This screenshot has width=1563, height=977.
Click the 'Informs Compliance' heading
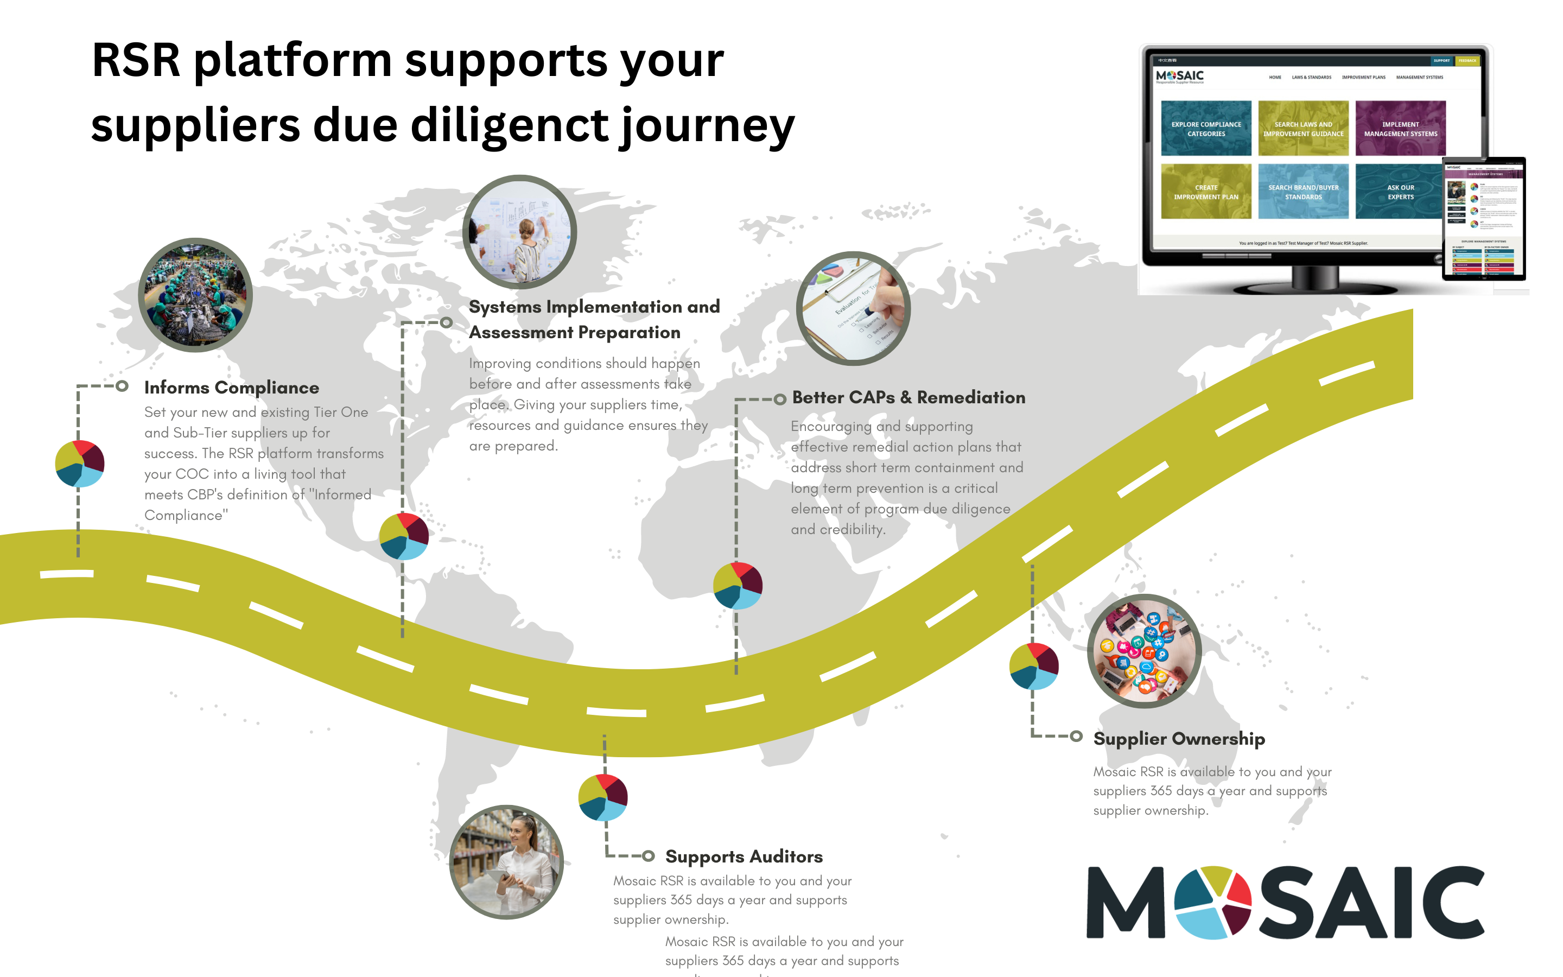231,388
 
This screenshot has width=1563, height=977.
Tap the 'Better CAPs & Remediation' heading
908,397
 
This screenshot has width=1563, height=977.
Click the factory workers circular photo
195,295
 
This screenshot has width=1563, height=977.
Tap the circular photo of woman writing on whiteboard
519,231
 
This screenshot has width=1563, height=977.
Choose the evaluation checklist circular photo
853,308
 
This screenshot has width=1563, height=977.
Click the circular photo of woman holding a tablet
506,861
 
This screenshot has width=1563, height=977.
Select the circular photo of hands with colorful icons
1144,651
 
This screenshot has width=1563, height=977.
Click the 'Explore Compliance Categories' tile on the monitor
1206,129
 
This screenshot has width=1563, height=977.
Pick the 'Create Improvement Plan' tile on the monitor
1206,192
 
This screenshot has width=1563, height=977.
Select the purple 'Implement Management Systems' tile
1400,129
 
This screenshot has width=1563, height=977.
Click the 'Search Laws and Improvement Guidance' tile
1302,129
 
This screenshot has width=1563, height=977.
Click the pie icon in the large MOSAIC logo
1212,902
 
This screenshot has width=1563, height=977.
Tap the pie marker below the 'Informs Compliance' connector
79,464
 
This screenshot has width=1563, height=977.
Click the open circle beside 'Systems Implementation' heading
446,322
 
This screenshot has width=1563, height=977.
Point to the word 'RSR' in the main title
136,60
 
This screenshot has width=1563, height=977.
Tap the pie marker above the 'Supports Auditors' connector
602,797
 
